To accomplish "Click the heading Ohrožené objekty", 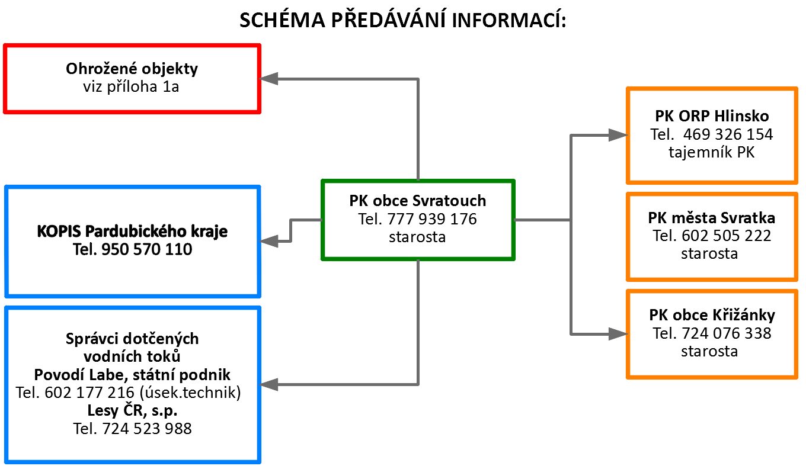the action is point(132,69).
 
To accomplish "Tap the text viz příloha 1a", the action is point(131,86).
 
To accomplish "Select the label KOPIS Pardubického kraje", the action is point(132,231).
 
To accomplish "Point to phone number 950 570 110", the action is point(147,249).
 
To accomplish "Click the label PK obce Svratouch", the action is point(418,201).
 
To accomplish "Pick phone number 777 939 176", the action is point(432,219).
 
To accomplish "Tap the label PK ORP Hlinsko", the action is point(712,116).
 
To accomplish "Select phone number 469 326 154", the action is point(728,134).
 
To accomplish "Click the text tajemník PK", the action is point(712,152).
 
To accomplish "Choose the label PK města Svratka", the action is point(712,218).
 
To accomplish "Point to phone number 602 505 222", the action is point(727,236).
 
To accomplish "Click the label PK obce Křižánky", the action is point(712,315).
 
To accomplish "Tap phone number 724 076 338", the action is point(727,333).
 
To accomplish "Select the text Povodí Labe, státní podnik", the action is point(132,375).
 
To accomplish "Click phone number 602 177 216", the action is point(89,393).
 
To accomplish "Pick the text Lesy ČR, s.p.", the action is point(132,410).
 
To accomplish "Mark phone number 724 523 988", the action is point(147,429).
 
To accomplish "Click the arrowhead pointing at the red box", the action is point(268,79).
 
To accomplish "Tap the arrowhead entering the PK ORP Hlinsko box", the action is point(618,135).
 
